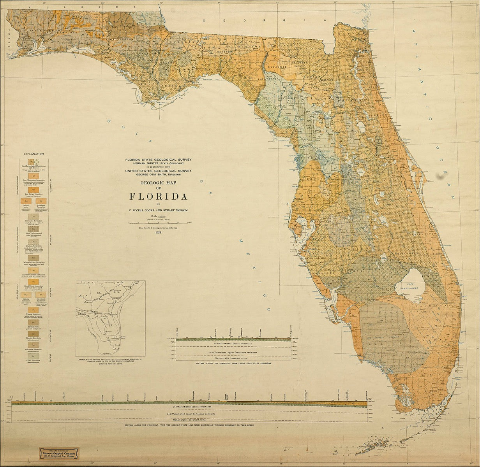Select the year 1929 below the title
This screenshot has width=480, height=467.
tap(158, 232)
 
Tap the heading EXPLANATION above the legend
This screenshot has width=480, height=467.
tap(34, 154)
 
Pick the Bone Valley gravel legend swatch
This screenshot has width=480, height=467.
tap(34, 229)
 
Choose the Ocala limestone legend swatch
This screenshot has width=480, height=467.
tap(34, 356)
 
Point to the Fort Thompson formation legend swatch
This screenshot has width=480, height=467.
tap(34, 176)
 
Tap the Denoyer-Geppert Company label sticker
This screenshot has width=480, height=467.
tap(58, 453)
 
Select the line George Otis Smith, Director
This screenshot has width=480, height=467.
tap(158, 174)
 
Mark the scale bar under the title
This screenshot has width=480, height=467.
tap(158, 223)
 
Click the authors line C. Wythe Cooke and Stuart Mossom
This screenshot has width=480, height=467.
tap(158, 210)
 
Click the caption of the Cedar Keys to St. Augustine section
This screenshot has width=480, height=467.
tap(233, 363)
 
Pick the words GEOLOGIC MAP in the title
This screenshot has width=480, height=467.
tap(158, 182)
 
